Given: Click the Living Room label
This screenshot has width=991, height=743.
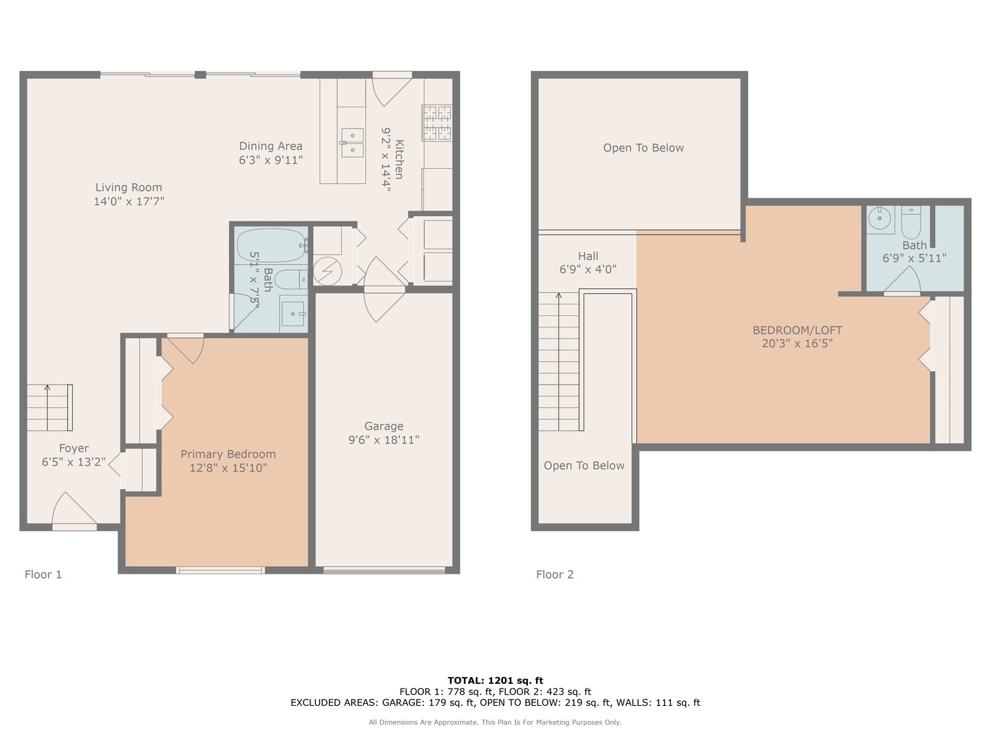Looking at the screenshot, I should coord(129,187).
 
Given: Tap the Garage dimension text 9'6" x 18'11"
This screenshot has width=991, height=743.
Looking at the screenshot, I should coord(383,440).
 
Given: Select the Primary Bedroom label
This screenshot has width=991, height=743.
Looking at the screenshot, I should coord(228,454).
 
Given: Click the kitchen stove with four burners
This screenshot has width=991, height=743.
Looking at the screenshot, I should coord(437,122).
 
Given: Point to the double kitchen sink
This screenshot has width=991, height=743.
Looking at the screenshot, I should coord(352,142).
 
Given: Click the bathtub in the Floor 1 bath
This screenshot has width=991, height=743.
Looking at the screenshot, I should coord(271,245).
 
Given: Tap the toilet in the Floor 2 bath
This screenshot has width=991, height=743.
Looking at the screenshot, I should coord(910,219).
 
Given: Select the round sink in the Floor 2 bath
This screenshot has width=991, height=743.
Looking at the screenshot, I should coord(880,219).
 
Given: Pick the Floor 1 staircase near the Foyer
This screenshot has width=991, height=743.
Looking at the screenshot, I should coord(50,407).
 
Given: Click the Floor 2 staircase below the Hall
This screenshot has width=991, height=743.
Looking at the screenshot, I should coord(558,361).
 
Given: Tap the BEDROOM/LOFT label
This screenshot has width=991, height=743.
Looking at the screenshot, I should coord(797,330).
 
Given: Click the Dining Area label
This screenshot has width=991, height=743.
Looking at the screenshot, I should coord(270,146).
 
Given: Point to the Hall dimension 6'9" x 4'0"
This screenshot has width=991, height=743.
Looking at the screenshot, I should coord(588,270).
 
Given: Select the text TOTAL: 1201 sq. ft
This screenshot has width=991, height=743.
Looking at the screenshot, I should coord(495,680).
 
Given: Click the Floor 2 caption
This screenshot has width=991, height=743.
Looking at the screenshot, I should coord(555,574).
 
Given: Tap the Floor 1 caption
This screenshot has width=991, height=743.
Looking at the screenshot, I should coord(43,574).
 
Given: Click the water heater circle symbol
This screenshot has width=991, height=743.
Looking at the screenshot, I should coord(328,270).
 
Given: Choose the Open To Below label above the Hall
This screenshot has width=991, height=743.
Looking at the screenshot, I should coord(643,148).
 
